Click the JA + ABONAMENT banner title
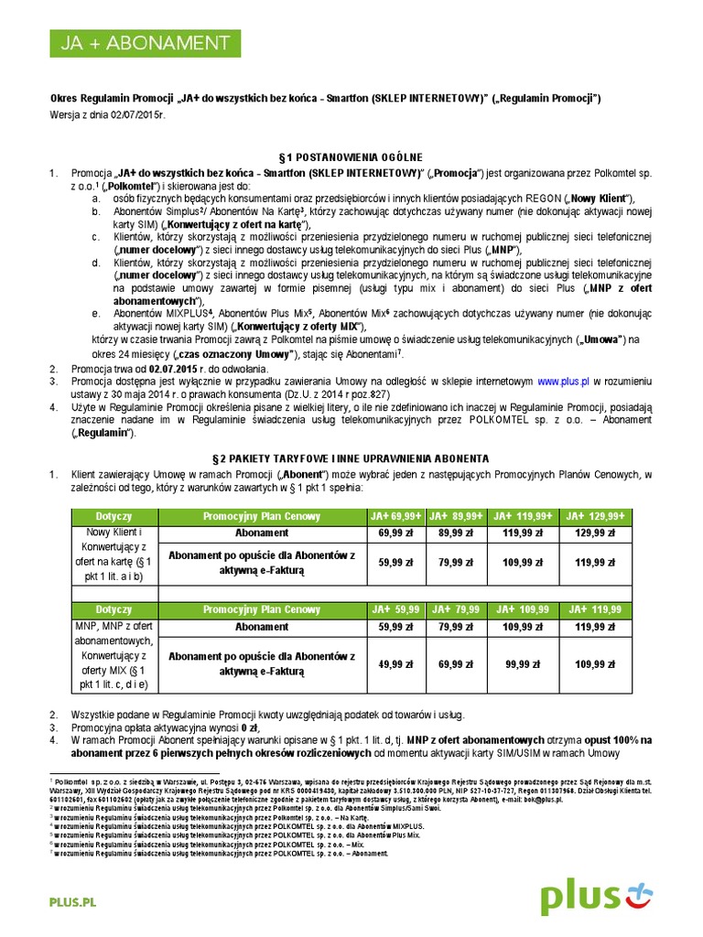tap(138, 43)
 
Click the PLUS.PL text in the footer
tap(72, 902)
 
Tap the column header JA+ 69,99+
tap(397, 517)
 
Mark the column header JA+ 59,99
tap(397, 609)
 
